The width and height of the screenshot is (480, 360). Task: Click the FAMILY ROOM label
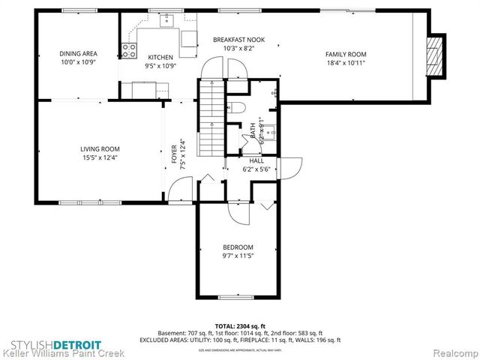tap(345, 54)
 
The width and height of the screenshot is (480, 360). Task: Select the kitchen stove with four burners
tap(129, 50)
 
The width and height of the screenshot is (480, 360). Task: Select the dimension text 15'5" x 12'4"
tap(100, 158)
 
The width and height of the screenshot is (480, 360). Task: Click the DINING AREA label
tap(79, 53)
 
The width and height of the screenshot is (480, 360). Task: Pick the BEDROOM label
tap(238, 247)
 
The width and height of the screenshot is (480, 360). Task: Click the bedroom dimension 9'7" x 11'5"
tap(238, 256)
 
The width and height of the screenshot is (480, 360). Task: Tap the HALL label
tap(256, 160)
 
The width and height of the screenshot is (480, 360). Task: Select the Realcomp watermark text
tap(453, 351)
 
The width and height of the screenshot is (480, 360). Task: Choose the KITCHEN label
tap(160, 57)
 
